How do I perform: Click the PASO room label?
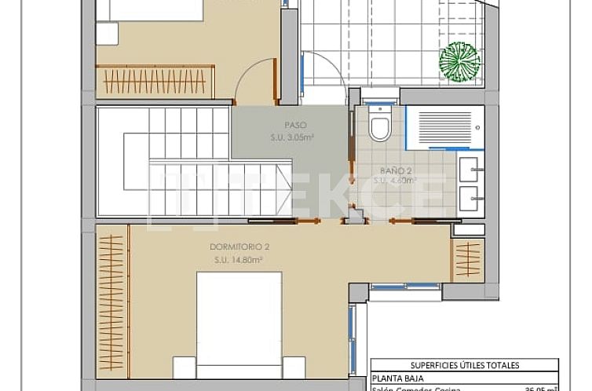296,125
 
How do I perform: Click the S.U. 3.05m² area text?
295,137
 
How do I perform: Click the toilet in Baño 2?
380,126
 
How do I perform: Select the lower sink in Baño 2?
470,195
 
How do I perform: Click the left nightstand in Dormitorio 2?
184,367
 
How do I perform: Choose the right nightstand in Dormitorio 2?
294,367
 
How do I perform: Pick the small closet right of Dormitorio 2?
468,258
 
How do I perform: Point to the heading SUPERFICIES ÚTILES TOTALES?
465,365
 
